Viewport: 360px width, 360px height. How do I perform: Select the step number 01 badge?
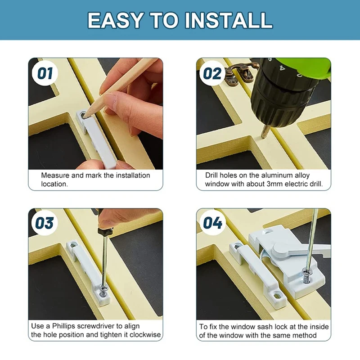(x=45, y=73)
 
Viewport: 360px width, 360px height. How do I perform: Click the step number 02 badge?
(x=212, y=73)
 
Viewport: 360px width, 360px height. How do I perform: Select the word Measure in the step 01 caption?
(x=55, y=175)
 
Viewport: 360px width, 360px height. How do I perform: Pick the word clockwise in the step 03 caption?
(x=144, y=335)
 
